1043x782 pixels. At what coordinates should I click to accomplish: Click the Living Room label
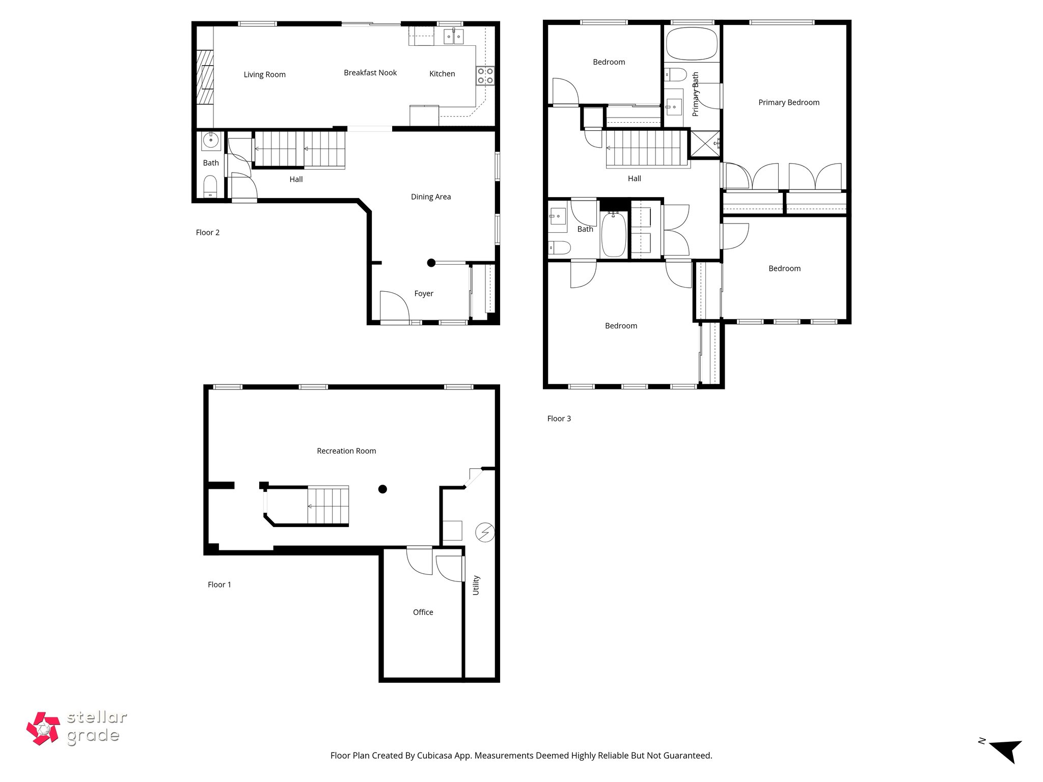[x=264, y=74]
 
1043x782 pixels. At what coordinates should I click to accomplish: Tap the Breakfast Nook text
[x=370, y=73]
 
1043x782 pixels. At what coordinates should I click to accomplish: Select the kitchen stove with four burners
[x=485, y=75]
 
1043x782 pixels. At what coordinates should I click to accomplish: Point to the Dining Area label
[x=430, y=197]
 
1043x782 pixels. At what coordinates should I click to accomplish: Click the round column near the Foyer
[x=431, y=263]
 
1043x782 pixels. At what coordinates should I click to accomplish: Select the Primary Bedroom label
[x=788, y=102]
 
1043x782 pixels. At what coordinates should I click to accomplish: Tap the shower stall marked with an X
[x=705, y=144]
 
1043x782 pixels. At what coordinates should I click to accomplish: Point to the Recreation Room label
[x=346, y=451]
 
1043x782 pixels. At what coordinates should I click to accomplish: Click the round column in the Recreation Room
[x=382, y=489]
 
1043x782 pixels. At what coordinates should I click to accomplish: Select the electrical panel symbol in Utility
[x=484, y=533]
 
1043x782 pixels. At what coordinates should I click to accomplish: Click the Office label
[x=423, y=612]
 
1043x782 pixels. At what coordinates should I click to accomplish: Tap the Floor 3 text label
[x=559, y=418]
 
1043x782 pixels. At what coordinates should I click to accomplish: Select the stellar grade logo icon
[x=43, y=729]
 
